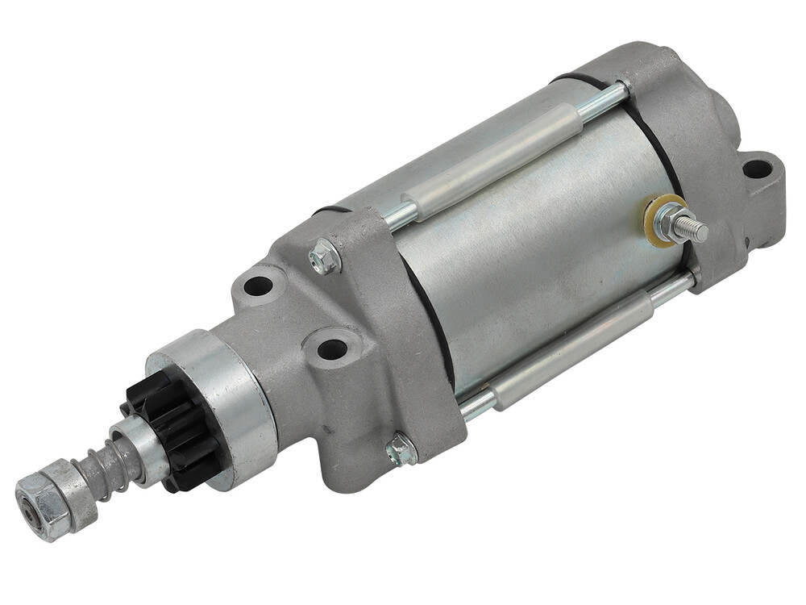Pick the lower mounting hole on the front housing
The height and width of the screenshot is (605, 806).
[x=331, y=349]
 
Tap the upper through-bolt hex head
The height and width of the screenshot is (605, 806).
[x=325, y=257]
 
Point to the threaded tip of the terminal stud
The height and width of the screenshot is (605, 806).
[x=695, y=229]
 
